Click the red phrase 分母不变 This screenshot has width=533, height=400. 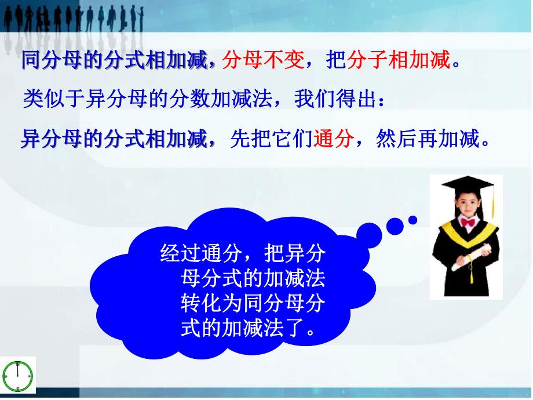[263, 60]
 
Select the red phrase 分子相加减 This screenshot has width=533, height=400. [399, 60]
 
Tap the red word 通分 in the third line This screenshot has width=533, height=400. [334, 139]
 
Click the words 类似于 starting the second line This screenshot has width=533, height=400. [54, 99]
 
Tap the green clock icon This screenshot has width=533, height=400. [18, 377]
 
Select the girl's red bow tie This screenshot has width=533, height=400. [468, 223]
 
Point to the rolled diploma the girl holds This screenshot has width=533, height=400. [471, 257]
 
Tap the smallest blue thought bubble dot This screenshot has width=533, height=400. [412, 220]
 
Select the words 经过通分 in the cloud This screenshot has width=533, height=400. [201, 253]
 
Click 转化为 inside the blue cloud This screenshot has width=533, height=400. [211, 303]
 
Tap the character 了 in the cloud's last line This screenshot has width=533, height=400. [294, 329]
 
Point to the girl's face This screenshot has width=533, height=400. [468, 203]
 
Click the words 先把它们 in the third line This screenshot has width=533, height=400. [271, 139]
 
